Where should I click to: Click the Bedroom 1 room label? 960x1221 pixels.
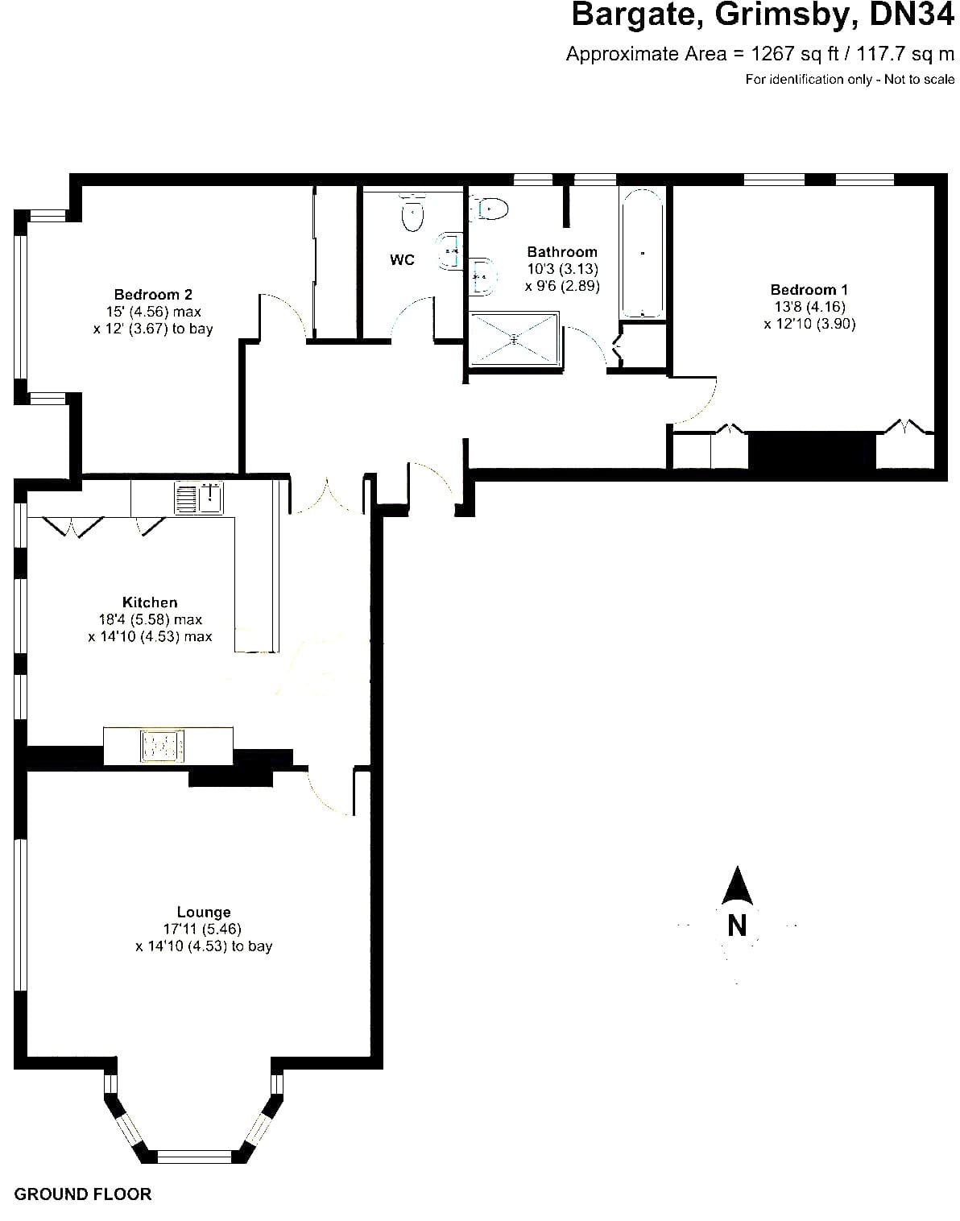pos(809,290)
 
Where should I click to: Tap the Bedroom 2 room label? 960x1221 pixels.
pos(153,295)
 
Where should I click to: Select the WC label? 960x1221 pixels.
pos(402,260)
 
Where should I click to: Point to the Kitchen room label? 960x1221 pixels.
pos(150,602)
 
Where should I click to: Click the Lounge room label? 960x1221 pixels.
pos(204,912)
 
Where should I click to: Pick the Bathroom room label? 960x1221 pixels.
pos(561,252)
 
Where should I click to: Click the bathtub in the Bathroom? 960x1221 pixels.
pos(642,253)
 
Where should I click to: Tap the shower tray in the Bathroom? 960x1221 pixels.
pos(514,339)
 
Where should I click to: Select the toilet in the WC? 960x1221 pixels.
pos(412,212)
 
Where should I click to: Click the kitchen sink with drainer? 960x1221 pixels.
pos(199,498)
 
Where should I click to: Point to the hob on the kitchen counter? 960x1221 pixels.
pos(162,746)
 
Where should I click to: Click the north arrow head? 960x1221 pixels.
pos(737,886)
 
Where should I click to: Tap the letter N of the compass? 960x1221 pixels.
pos(736,926)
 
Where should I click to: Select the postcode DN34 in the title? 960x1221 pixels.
pos(912,14)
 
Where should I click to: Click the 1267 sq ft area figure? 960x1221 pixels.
pos(794,54)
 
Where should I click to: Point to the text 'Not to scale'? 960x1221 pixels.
pos(919,80)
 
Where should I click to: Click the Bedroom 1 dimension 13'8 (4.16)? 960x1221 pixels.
pos(809,307)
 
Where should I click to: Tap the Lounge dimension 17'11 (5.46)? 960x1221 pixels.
pos(203,929)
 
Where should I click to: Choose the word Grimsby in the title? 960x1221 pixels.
pos(786,16)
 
